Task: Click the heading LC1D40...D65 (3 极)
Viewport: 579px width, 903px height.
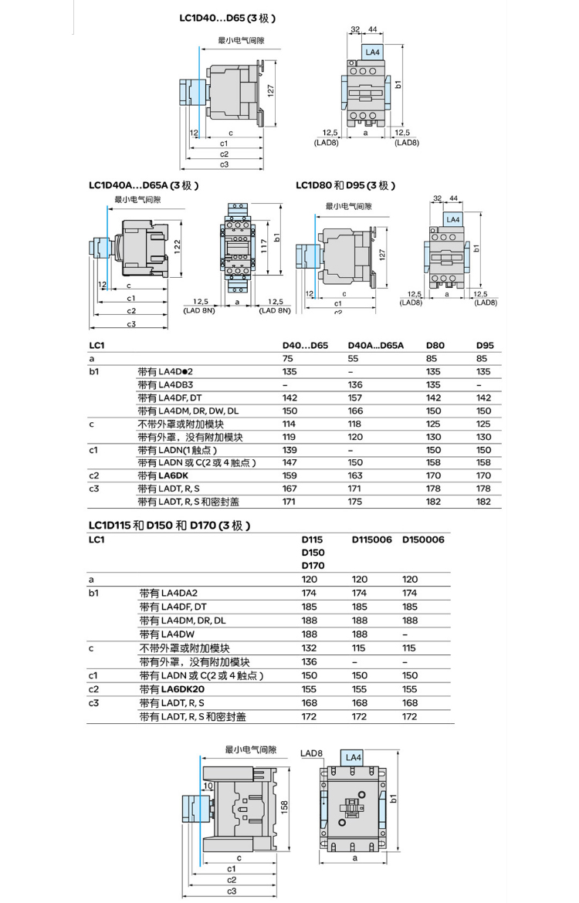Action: click(x=227, y=17)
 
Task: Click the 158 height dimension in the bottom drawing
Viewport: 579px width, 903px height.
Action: click(x=284, y=806)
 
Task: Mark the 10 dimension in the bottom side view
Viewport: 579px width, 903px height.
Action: click(x=208, y=786)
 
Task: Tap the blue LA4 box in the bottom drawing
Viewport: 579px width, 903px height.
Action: click(x=353, y=757)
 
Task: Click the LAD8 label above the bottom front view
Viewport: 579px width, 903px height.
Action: click(x=312, y=752)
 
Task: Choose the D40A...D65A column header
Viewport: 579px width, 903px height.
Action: click(x=376, y=346)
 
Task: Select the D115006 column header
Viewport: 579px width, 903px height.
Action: click(x=371, y=539)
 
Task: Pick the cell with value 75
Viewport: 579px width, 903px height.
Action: click(x=288, y=359)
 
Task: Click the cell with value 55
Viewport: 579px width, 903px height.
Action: click(x=354, y=359)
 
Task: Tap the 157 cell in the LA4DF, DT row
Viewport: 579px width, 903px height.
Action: click(x=355, y=397)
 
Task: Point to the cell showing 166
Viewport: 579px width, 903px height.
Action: click(x=355, y=411)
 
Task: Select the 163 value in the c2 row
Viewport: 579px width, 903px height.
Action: click(x=355, y=475)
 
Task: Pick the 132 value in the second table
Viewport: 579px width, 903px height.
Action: click(x=307, y=648)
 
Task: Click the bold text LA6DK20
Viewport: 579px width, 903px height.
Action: click(x=183, y=689)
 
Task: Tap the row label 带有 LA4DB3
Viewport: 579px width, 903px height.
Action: click(x=165, y=384)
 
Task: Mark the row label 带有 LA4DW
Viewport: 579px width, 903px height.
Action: click(x=165, y=634)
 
